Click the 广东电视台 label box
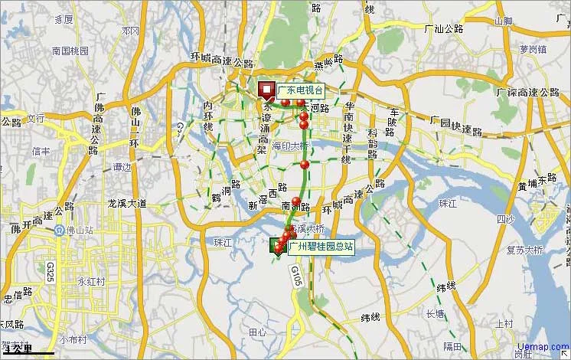tap(300, 90)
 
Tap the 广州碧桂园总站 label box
tap(320, 246)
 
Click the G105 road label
tap(297, 277)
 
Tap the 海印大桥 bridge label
tap(291, 146)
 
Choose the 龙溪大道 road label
tap(126, 204)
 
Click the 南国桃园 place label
tap(70, 51)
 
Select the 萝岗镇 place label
tap(533, 49)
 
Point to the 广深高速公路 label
tap(528, 92)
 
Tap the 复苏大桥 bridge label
tap(524, 250)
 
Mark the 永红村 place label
tap(90, 281)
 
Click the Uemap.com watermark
tap(543, 347)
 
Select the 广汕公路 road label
tap(444, 28)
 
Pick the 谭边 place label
tap(122, 167)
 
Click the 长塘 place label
tap(435, 314)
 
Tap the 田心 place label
tap(258, 332)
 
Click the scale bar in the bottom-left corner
tap(28, 351)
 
